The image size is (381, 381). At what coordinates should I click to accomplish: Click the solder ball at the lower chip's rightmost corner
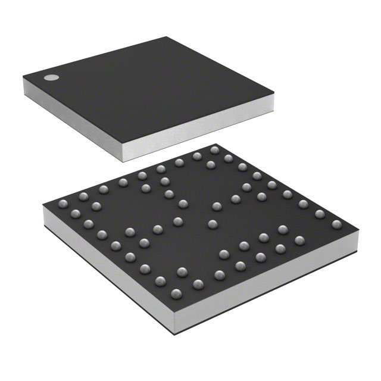337,225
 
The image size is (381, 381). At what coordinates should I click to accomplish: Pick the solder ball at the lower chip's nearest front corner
176,293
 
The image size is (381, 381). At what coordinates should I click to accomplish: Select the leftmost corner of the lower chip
43,204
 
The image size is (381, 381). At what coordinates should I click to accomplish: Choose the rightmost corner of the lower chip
361,228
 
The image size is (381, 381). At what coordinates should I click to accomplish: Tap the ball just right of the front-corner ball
198,283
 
